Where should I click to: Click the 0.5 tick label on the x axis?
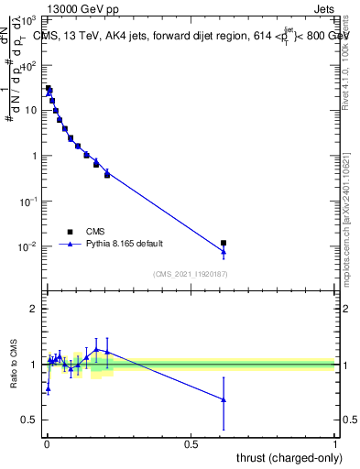coord(191,443)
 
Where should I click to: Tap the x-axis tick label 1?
coord(335,443)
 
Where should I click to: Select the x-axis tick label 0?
coord(47,443)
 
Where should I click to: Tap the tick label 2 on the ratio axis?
coord(34,309)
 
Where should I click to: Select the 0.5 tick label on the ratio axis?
coord(30,420)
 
